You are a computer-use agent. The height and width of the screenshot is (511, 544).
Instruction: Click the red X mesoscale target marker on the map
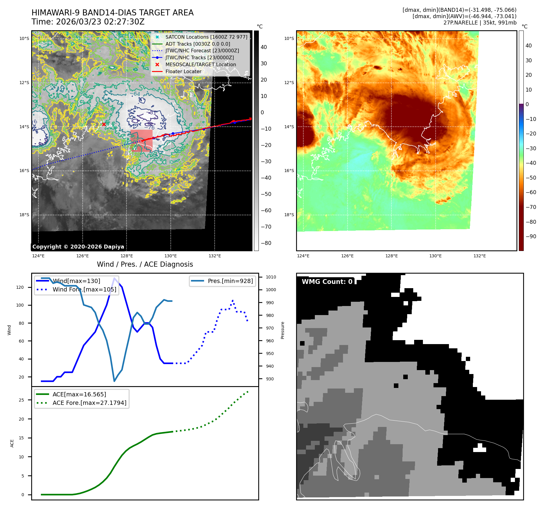point(104,124)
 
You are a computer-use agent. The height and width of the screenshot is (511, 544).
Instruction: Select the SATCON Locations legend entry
point(206,37)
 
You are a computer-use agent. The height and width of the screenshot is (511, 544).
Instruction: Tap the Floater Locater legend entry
point(183,71)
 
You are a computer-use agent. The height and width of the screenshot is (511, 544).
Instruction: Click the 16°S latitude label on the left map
point(25,171)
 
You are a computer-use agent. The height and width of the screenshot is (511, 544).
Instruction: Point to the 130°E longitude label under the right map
point(435,256)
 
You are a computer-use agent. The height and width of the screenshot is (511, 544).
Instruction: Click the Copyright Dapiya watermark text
point(78,247)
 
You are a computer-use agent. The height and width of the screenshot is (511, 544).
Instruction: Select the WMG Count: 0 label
point(327,282)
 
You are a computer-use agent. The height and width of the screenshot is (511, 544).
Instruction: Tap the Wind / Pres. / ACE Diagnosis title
point(145,264)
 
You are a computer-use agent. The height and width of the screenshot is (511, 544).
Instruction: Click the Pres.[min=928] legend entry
point(230,281)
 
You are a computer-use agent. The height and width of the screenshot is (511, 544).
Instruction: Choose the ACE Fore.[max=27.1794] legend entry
point(89,403)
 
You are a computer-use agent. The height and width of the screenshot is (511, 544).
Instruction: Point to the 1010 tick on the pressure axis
point(271,277)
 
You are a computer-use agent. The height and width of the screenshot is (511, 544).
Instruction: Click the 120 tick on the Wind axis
point(20,287)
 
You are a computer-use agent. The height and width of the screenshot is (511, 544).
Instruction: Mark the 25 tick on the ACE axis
point(21,400)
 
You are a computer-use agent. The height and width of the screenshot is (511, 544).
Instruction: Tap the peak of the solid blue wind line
point(114,278)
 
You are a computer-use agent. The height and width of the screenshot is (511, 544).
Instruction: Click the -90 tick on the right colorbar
point(531,236)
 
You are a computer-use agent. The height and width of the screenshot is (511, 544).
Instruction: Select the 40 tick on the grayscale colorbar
point(264,47)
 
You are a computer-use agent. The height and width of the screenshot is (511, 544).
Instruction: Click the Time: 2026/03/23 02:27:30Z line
point(88,22)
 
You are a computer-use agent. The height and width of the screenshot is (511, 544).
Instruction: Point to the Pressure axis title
point(282,330)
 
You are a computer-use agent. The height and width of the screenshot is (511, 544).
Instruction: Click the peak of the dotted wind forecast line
point(232,301)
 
